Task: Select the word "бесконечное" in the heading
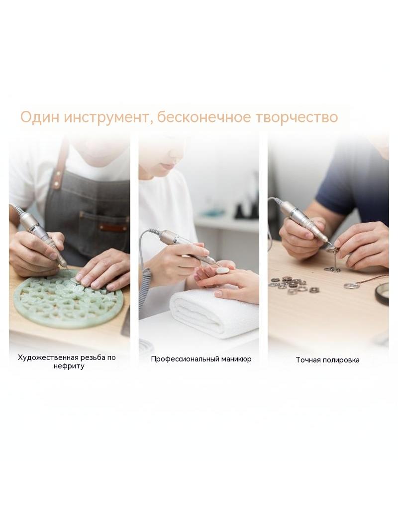pos(204,117)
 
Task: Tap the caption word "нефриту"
pos(69,366)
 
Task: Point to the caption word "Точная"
pos(308,360)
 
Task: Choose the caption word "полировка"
pos(341,360)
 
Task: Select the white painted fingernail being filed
pos(223,270)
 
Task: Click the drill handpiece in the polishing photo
pos(305,223)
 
